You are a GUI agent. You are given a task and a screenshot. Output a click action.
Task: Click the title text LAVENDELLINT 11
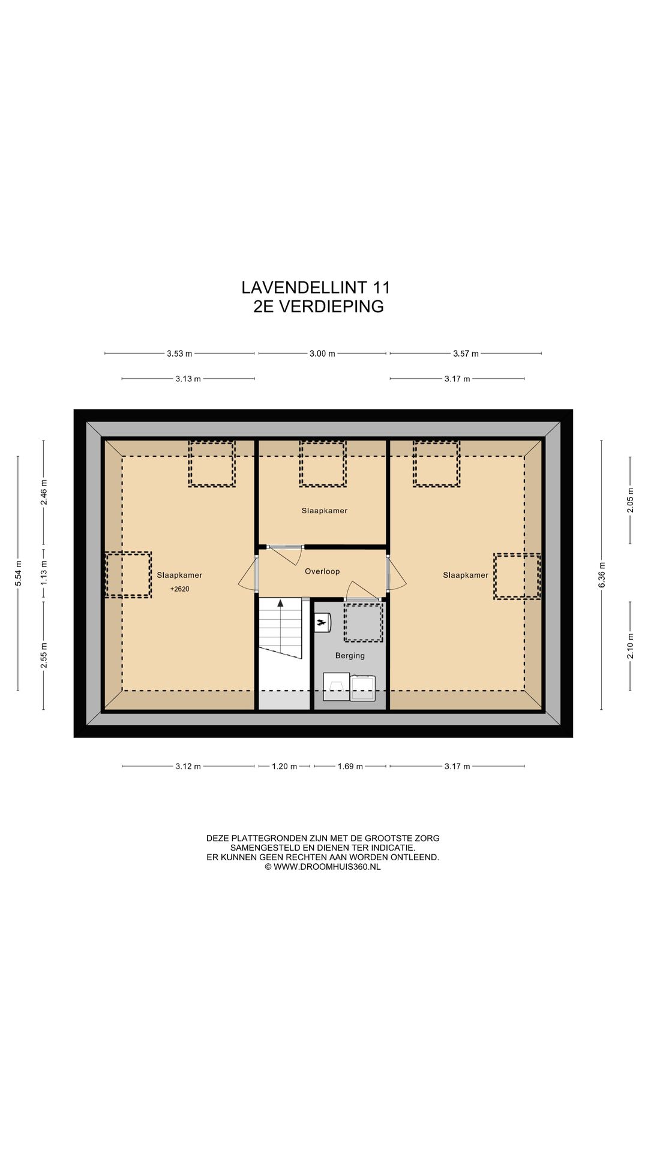pos(316,288)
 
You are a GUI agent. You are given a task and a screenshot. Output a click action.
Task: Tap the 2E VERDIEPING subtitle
pos(318,306)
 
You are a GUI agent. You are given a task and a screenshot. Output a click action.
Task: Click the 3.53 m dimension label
pos(179,354)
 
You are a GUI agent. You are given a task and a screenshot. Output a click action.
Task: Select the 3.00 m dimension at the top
pos(322,354)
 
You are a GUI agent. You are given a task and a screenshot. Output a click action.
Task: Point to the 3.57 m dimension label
pos(466,354)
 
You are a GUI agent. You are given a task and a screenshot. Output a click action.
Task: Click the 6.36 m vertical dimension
pos(602,575)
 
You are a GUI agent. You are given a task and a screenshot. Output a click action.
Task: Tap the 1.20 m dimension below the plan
pos(284,766)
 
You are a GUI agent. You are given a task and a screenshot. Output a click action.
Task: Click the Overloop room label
pos(322,571)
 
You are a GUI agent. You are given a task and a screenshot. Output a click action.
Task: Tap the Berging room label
pos(350,656)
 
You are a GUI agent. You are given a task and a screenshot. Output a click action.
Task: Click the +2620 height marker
pos(179,589)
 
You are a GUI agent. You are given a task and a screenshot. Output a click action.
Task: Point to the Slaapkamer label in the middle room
pos(324,511)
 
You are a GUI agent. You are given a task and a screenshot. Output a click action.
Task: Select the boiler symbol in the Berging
pos(323,623)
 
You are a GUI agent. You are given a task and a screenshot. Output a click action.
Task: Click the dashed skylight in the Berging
pos(363,622)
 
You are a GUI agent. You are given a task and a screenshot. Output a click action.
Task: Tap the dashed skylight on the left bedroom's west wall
pos(128,574)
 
